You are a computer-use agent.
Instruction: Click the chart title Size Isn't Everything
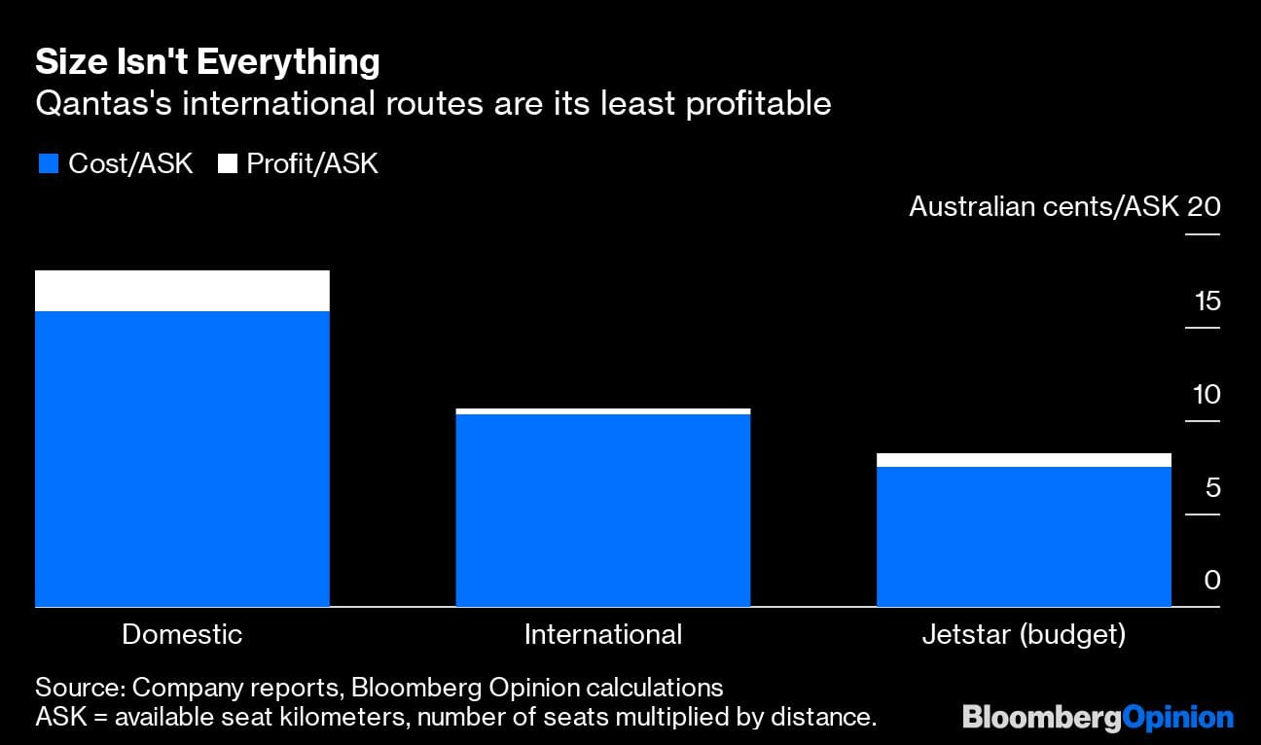(207, 62)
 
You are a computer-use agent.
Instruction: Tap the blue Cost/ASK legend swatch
(47, 164)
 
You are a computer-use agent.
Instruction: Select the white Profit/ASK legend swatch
(227, 164)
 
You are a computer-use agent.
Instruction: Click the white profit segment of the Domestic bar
(182, 291)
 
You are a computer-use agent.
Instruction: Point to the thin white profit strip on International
(602, 411)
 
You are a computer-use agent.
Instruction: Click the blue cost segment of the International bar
(602, 511)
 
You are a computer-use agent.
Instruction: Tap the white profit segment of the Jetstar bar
(1024, 460)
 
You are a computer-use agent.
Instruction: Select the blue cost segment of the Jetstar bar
(1024, 537)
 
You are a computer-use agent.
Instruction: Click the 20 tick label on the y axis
(1204, 207)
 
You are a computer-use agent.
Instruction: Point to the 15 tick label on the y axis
(1207, 301)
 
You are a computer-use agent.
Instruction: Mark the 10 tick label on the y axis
(1206, 394)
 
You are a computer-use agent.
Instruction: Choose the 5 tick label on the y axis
(1212, 487)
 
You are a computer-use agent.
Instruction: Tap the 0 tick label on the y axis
(1212, 581)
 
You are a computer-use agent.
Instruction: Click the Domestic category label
(182, 635)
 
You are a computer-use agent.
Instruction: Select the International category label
(602, 635)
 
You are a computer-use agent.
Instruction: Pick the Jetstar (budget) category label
(1024, 635)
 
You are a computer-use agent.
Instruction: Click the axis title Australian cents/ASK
(1043, 207)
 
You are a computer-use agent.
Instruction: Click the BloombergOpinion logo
(1098, 718)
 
